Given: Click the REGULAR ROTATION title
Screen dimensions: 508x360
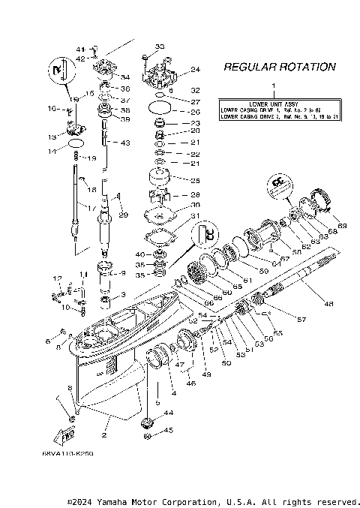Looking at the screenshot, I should tap(280, 67).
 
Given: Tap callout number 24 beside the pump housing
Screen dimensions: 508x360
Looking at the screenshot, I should tap(196, 70).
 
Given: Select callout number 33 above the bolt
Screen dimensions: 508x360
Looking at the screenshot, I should tap(159, 47).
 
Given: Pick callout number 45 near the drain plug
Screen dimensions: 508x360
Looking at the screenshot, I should tap(169, 431).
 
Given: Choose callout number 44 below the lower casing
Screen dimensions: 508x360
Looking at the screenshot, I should tap(169, 413).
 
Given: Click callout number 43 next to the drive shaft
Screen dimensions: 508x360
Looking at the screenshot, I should tap(124, 143).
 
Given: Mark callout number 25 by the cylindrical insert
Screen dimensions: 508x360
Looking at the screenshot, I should tap(196, 181).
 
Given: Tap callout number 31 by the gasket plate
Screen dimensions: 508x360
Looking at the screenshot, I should tap(196, 216).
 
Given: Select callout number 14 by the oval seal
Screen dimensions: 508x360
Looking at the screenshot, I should tap(52, 151).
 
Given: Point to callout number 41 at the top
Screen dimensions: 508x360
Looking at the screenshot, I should tap(83, 48).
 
